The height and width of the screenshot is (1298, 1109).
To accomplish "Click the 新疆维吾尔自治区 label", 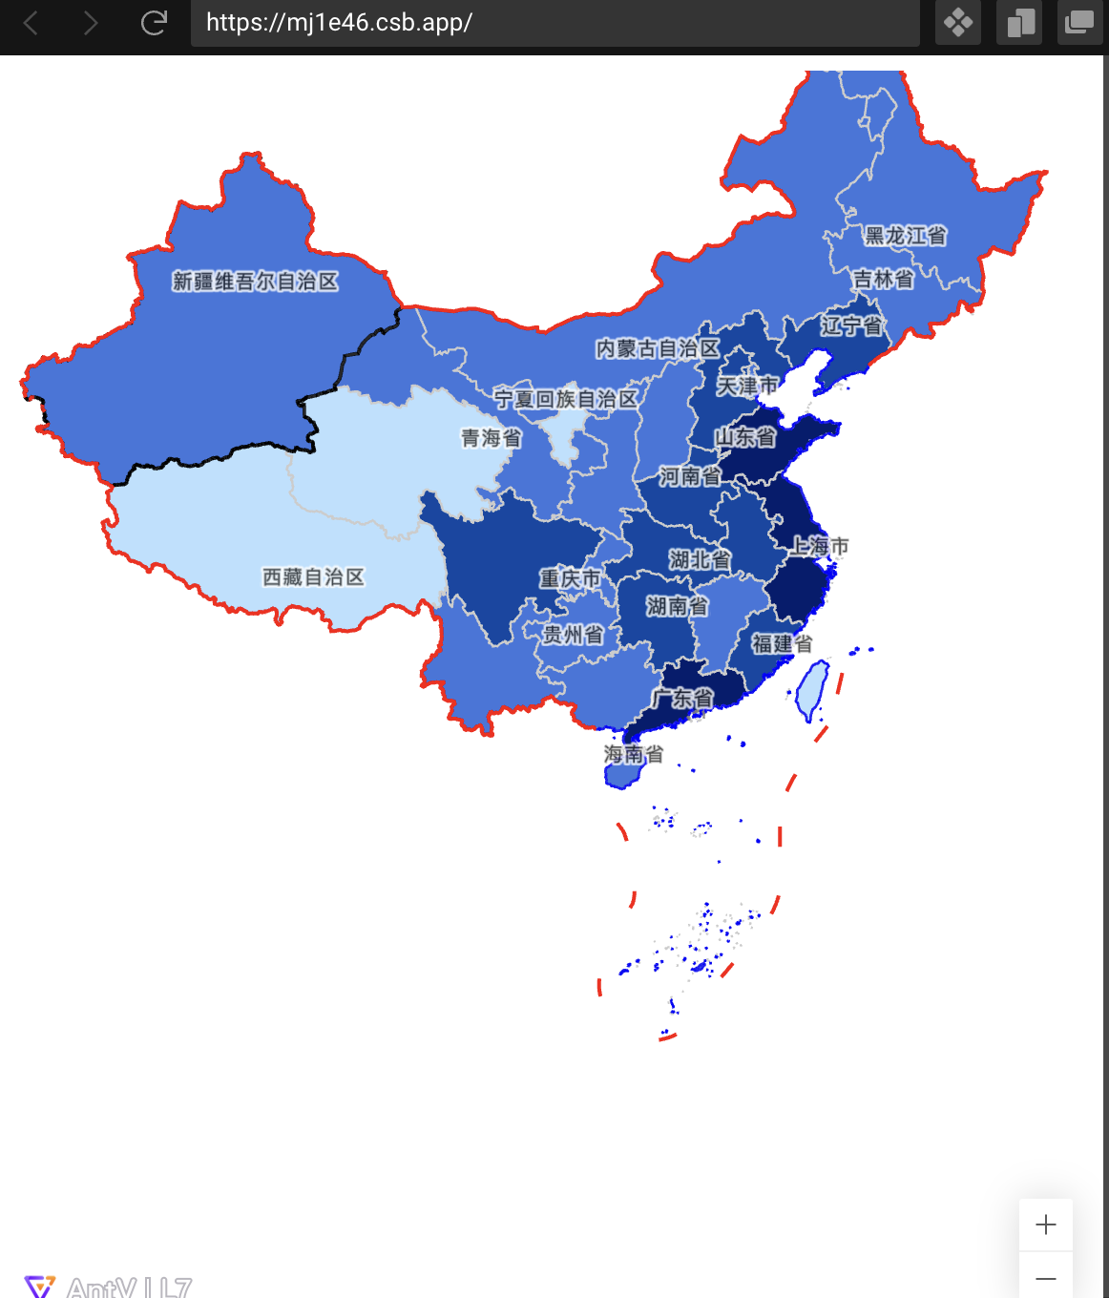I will [255, 282].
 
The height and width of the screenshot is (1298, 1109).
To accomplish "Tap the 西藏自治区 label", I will [313, 577].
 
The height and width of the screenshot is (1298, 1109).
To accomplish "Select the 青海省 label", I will [491, 438].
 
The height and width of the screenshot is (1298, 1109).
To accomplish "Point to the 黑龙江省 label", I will [905, 236].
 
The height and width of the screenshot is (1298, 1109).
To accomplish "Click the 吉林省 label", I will [883, 280].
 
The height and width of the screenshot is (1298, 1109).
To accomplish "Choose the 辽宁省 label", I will [851, 326].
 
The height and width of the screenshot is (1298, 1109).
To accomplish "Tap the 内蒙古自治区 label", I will [658, 349].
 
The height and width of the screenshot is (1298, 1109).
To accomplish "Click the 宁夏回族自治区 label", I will [565, 399].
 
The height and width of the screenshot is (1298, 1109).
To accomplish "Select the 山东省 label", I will [745, 437].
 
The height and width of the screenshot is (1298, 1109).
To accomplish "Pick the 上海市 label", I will [819, 546].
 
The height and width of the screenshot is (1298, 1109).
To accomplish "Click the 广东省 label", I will [681, 699].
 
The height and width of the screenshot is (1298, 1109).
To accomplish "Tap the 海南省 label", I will [633, 754].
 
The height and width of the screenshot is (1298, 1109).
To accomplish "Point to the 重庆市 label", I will [570, 578].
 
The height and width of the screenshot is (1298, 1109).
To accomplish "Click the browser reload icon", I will [154, 23].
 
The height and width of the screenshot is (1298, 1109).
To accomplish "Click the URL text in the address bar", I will [339, 23].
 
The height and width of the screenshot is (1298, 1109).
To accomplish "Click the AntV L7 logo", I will [108, 1287].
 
